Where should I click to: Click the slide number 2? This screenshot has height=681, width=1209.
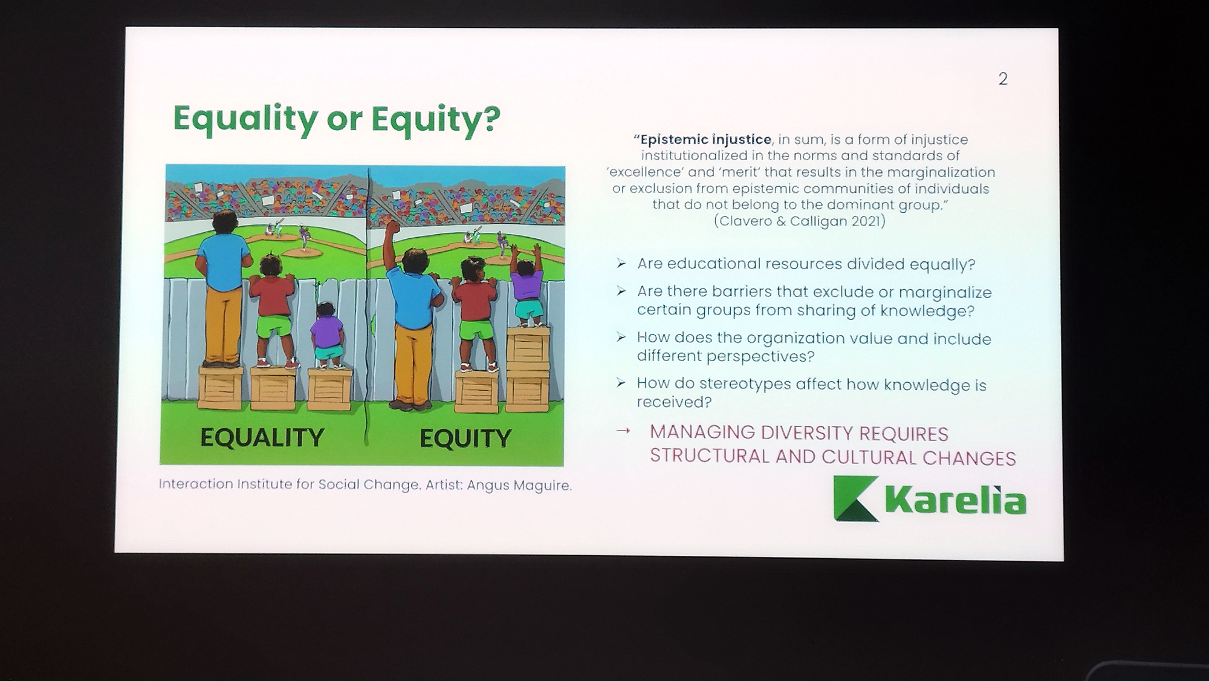(x=1003, y=79)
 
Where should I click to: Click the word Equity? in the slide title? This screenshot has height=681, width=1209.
(x=436, y=119)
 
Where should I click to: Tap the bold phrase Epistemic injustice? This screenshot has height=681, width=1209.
(x=705, y=140)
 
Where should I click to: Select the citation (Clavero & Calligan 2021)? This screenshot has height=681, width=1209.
(x=800, y=221)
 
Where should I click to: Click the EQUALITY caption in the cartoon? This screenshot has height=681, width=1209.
(x=262, y=437)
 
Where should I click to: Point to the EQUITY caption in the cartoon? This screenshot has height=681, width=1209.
(x=465, y=438)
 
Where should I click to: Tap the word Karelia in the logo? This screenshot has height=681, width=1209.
(x=956, y=500)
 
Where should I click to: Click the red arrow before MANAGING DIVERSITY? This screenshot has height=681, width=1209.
(x=623, y=431)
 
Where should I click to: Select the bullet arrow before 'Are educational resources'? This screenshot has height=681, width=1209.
(x=621, y=263)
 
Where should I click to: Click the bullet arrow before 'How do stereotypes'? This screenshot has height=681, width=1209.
(x=621, y=383)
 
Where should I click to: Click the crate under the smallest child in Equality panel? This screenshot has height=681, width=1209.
(x=329, y=389)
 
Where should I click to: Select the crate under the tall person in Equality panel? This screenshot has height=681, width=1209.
(x=220, y=388)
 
